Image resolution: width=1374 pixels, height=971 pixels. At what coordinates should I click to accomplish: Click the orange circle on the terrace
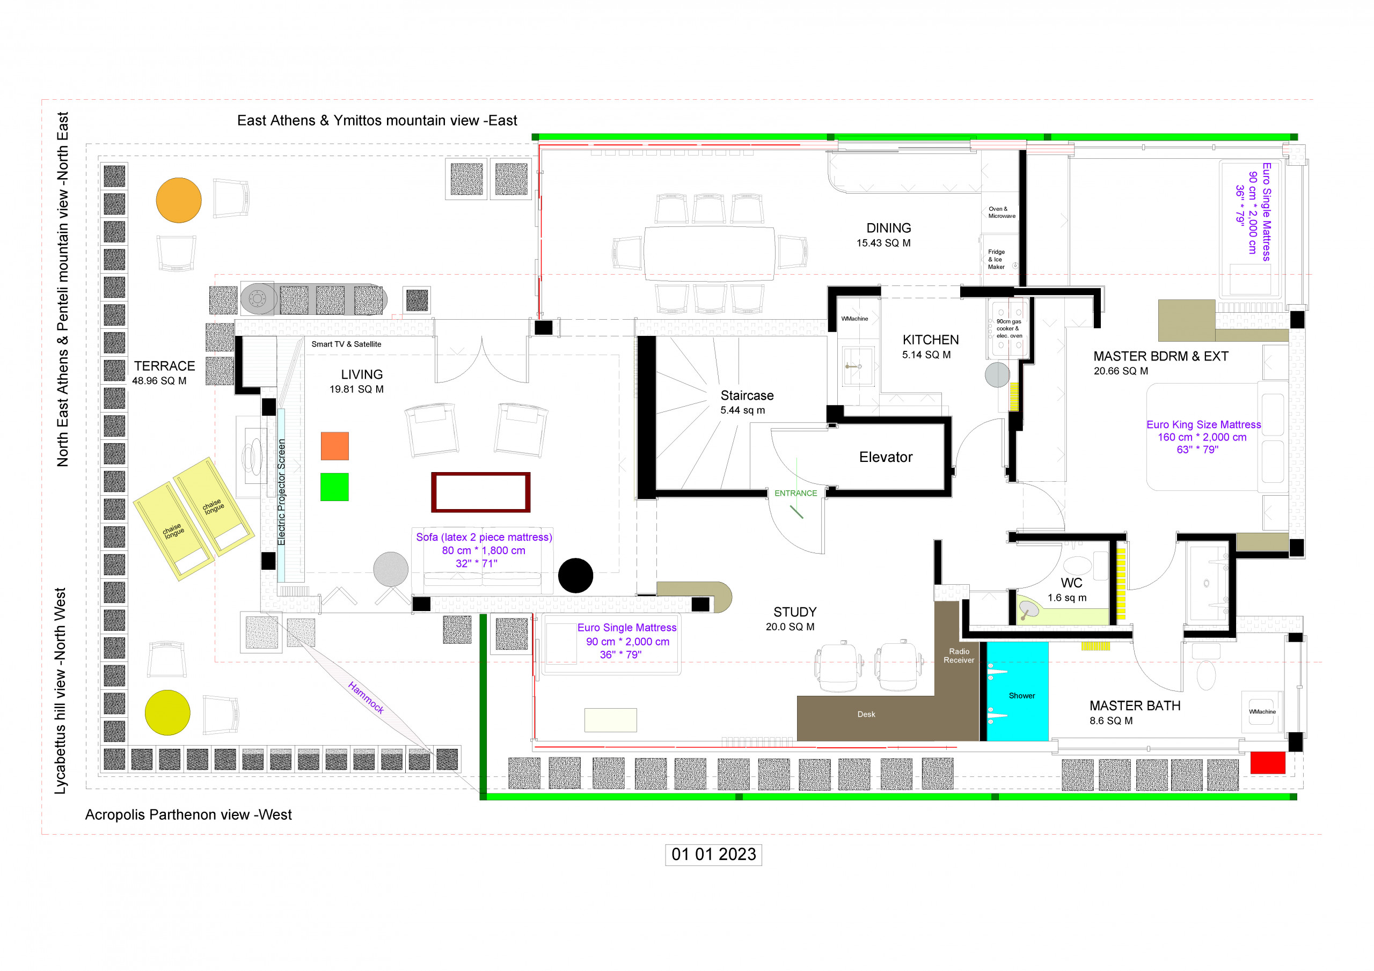coord(179,201)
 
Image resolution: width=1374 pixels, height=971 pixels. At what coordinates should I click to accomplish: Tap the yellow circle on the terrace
coord(167,712)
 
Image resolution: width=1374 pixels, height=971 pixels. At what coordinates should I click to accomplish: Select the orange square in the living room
coord(334,446)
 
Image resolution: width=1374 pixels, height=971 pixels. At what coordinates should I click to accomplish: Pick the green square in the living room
coord(334,487)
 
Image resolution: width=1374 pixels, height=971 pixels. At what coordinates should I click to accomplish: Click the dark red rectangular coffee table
coord(480,492)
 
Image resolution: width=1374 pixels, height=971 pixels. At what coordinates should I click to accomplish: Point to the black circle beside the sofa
coord(576,576)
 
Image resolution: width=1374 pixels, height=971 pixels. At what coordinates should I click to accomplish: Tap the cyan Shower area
coord(1017,691)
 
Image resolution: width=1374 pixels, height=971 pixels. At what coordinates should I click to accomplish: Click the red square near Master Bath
coord(1268,763)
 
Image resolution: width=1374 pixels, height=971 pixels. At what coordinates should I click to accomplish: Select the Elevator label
coord(886,457)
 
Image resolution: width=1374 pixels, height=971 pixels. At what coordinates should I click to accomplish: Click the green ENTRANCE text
coord(795,493)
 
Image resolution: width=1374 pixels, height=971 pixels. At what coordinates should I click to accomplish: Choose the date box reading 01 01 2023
coord(713,855)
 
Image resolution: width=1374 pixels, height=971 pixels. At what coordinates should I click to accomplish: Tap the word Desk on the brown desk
coord(866,715)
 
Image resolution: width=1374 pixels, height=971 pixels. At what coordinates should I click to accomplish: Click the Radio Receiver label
coord(959,656)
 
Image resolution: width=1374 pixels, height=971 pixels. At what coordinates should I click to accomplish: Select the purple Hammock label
coord(366,697)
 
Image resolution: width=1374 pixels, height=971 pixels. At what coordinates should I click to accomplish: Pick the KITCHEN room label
coord(931,340)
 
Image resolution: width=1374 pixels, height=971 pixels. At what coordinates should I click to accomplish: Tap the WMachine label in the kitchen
coord(854,318)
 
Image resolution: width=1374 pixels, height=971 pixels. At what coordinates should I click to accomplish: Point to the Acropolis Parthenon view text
coord(188,815)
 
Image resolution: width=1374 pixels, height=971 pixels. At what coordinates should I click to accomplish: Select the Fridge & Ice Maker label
coord(996,259)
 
